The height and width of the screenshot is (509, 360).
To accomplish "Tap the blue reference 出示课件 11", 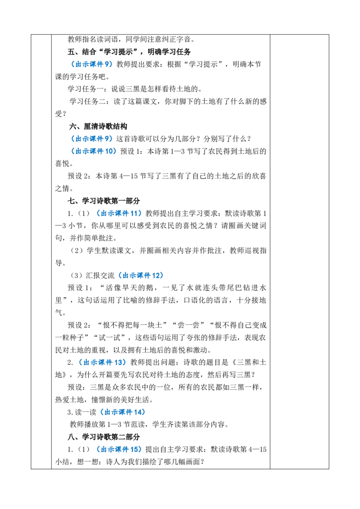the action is (x=119, y=213).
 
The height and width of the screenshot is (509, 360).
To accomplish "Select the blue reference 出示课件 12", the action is (x=141, y=276).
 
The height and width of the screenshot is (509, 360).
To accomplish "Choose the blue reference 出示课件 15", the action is (x=119, y=450).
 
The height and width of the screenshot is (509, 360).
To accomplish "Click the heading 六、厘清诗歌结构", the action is (x=98, y=126).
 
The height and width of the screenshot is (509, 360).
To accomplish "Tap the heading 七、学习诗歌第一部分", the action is (x=103, y=201).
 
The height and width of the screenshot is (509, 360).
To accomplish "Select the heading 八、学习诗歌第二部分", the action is (x=103, y=437).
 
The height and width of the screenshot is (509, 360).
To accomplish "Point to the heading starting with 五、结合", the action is (x=129, y=52).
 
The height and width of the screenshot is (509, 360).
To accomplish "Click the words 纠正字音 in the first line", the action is (x=176, y=40).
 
